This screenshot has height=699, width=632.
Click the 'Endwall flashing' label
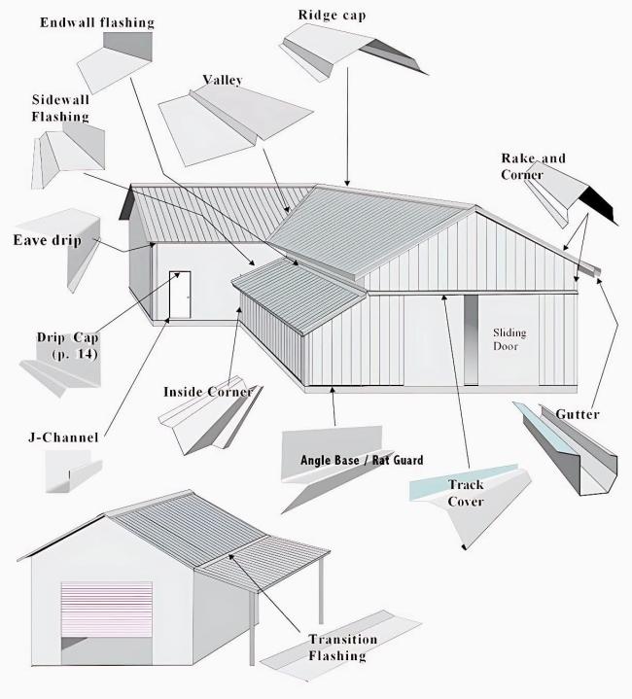tap(96, 21)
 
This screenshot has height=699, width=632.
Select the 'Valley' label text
tap(222, 80)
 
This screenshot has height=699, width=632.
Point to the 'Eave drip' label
tap(46, 239)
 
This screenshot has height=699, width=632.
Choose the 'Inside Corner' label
tap(207, 392)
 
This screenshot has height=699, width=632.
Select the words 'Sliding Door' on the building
tap(509, 338)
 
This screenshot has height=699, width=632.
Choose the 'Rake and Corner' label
tap(533, 166)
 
